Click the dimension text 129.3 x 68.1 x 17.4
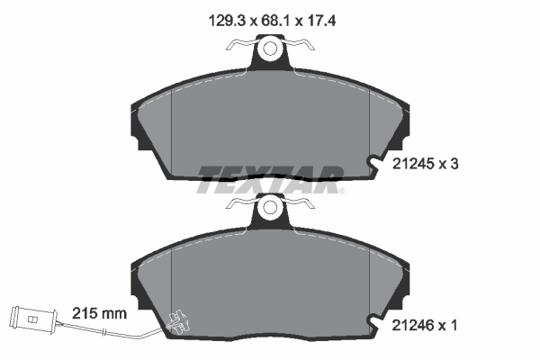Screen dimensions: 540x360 (272, 22)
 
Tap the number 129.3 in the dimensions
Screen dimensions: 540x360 (227, 22)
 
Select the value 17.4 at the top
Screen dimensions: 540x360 (321, 22)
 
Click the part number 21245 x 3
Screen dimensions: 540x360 (426, 164)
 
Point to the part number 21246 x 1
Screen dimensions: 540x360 (425, 325)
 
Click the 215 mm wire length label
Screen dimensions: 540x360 (99, 313)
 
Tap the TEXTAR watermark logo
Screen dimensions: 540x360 (270, 179)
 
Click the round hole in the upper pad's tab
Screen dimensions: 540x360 (270, 48)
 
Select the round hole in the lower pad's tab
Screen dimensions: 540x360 (270, 207)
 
